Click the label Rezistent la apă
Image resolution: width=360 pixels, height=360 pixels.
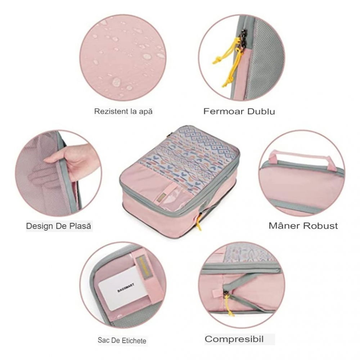(123, 111)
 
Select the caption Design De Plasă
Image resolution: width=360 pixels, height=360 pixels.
(59, 226)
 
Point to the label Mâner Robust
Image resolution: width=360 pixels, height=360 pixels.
(303, 226)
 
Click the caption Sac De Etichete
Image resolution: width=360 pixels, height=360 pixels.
(122, 340)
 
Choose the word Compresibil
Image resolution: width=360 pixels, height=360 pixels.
(234, 339)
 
